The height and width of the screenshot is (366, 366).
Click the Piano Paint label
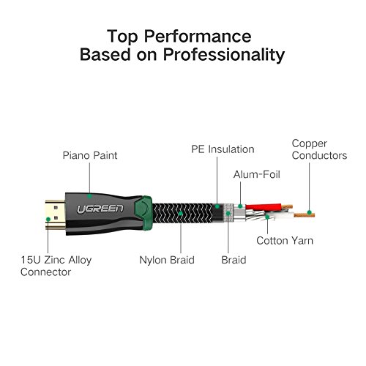coord(90,155)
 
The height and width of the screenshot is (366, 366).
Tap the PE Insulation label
coord(223,149)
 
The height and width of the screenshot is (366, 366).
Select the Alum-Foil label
coord(257,174)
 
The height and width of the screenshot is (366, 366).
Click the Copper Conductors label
coord(319,149)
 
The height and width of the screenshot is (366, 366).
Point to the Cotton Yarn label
coord(285,241)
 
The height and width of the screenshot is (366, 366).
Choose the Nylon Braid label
coord(167,260)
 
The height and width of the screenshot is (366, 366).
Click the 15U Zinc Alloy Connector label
coord(56,266)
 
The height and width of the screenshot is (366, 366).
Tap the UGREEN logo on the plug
coord(100,209)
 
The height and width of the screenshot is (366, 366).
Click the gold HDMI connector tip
coord(56,214)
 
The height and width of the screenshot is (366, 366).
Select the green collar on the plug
coord(143,213)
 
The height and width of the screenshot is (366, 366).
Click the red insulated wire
coord(264,207)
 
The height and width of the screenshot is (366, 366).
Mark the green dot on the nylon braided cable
coord(181,214)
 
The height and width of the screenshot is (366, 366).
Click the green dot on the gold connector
coord(48,219)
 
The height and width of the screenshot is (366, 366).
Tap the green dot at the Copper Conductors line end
coord(310,212)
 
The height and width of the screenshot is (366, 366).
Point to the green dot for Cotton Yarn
coord(267,217)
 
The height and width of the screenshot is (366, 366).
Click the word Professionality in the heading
coord(224,54)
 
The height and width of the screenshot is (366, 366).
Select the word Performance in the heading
coord(198,37)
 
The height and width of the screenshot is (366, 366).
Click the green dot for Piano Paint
coord(89,196)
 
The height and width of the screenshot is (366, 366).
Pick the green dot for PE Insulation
coord(217,206)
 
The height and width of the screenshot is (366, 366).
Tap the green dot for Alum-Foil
coord(240,206)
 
